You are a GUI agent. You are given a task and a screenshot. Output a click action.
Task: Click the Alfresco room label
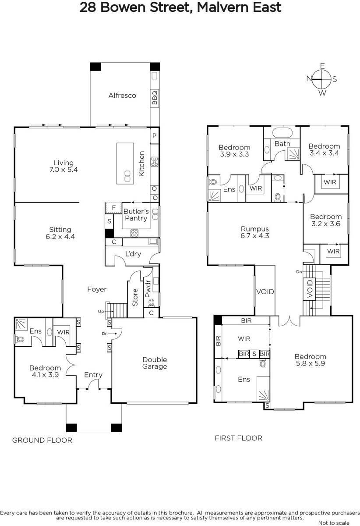(x=122, y=96)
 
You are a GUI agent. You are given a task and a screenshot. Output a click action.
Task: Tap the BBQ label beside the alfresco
(x=155, y=98)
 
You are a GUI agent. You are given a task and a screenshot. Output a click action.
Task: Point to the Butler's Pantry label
(x=136, y=215)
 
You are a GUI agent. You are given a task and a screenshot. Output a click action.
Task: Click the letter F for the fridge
(x=114, y=208)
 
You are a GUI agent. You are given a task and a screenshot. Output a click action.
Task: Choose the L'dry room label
(x=133, y=254)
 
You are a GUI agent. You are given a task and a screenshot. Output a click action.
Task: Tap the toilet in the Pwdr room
(x=152, y=303)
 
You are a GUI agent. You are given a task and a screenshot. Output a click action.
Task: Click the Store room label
(x=135, y=297)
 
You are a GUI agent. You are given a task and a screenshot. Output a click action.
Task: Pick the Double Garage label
(x=155, y=363)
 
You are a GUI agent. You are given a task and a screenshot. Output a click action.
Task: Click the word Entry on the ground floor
(x=93, y=375)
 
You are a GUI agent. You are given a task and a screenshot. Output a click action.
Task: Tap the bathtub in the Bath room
(x=282, y=133)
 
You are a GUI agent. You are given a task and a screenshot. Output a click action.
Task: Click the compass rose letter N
(x=309, y=78)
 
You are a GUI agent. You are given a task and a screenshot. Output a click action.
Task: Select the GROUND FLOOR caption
(x=42, y=440)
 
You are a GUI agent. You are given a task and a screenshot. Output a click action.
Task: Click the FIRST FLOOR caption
(x=238, y=438)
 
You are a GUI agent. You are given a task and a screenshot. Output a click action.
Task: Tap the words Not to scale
(x=334, y=523)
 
